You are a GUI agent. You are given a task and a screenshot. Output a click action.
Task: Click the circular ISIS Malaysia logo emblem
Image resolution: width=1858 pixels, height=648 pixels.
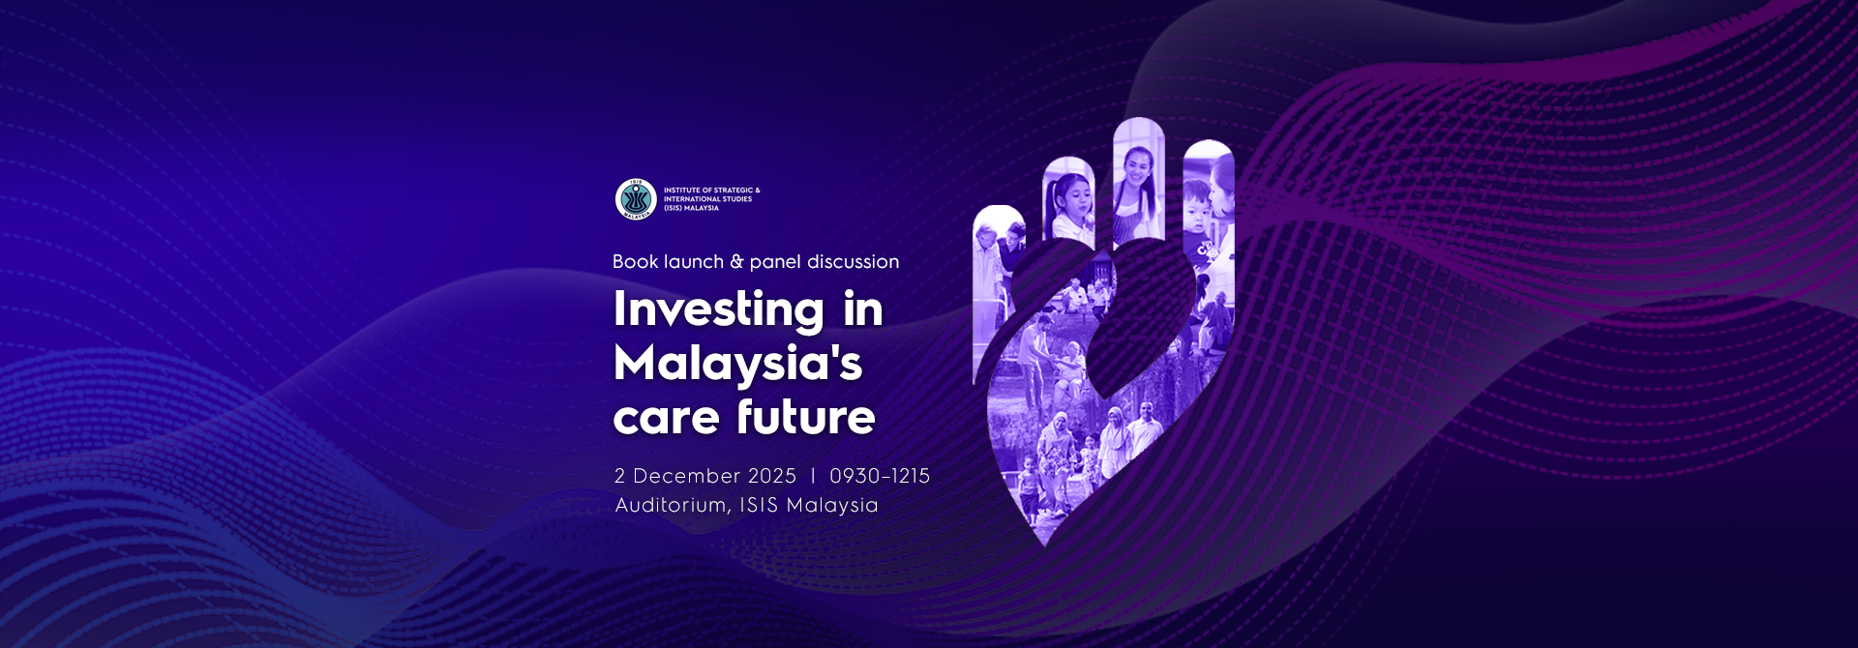point(636,199)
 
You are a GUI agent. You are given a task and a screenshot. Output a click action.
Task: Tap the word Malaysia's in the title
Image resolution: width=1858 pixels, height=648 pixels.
point(737,365)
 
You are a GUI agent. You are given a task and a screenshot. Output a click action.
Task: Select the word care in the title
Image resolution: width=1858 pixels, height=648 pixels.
point(667,418)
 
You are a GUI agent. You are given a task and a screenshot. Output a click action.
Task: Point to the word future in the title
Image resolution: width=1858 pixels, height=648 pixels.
point(806,416)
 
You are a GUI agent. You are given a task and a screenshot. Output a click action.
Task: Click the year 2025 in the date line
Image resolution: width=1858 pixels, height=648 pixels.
point(771,476)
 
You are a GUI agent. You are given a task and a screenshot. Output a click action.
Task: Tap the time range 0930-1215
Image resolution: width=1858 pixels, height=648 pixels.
point(880,476)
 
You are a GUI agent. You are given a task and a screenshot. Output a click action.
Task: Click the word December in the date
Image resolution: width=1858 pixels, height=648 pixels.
point(687,476)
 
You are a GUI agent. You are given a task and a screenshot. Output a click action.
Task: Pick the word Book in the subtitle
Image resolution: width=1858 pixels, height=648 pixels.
point(636,261)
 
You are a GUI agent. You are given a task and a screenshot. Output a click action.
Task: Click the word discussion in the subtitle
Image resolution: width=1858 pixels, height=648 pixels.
point(853,261)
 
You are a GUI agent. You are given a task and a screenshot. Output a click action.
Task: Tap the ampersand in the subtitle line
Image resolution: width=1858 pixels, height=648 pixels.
point(736,261)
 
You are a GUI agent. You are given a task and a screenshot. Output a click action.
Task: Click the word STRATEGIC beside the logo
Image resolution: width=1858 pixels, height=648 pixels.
point(734,191)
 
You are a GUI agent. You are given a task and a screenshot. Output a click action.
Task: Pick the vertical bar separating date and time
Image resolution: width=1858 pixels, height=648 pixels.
point(813,476)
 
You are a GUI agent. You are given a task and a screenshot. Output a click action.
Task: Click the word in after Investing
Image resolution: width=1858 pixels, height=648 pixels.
point(863,309)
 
